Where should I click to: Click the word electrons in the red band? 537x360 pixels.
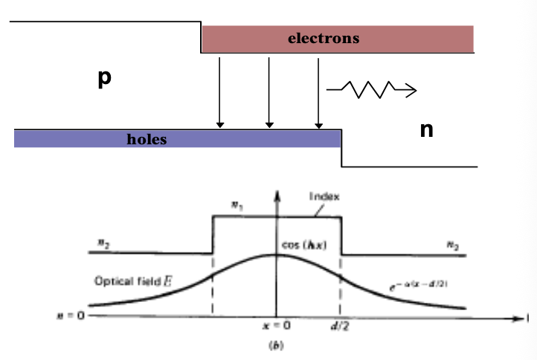324,38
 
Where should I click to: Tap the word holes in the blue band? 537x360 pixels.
147,139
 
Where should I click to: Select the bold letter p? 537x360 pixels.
104,79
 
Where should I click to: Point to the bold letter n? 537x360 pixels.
426,130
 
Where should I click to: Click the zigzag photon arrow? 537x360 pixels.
370,90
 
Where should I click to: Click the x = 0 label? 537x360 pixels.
277,326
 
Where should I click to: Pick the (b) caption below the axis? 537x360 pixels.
276,344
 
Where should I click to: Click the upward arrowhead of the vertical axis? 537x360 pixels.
276,195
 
